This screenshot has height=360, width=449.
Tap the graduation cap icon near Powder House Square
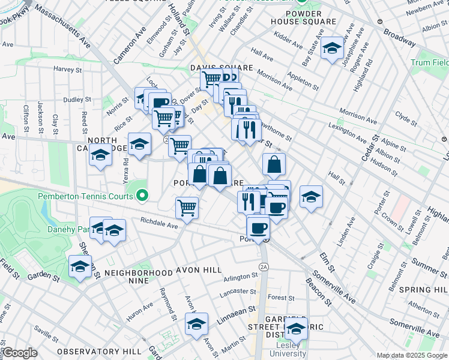click(331, 49)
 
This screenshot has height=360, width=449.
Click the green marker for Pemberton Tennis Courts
click(142, 196)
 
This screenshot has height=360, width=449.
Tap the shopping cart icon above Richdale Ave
click(187, 208)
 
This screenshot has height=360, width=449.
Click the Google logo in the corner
click(20, 353)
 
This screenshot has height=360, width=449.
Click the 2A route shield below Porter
click(263, 266)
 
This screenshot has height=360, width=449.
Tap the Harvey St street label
click(67, 70)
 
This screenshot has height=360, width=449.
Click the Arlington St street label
click(240, 277)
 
